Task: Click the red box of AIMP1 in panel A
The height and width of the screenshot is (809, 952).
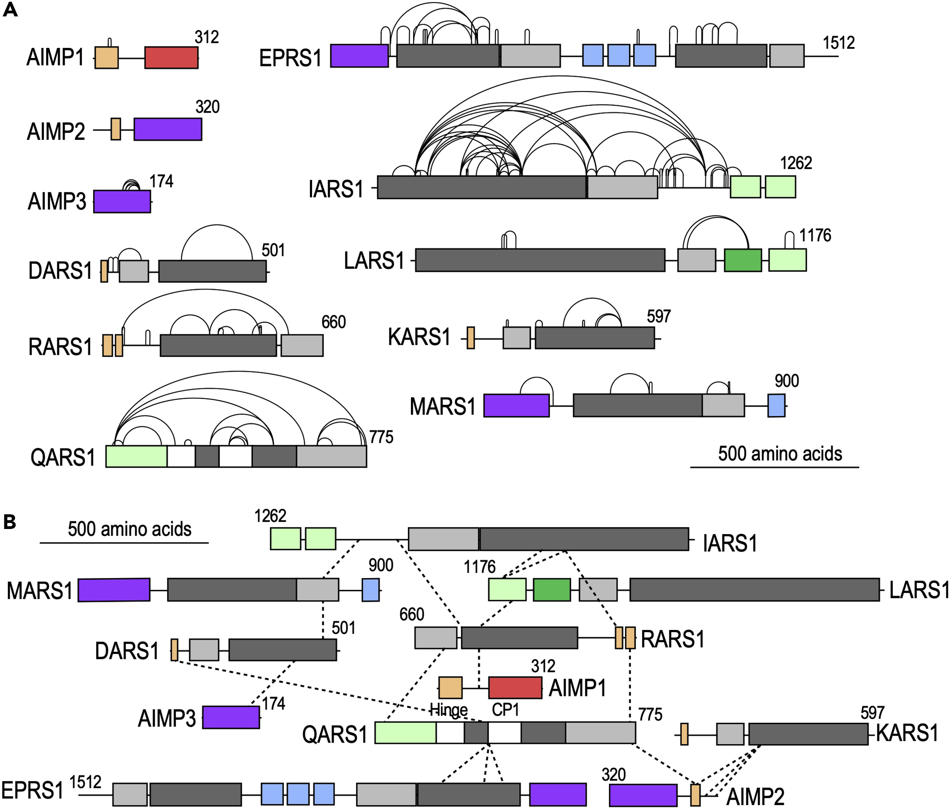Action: [172, 57]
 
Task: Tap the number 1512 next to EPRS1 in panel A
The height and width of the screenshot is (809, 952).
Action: [838, 43]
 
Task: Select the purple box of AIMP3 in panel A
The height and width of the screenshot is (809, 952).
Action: [122, 201]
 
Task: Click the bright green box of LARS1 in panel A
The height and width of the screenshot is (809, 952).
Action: [742, 260]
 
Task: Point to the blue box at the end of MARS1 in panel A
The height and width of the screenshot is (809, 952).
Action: [776, 406]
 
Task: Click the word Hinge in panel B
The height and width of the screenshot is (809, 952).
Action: [448, 710]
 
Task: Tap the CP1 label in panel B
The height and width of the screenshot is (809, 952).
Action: [505, 710]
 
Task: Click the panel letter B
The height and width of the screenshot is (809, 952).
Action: [9, 522]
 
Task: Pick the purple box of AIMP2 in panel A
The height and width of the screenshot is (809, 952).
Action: [168, 129]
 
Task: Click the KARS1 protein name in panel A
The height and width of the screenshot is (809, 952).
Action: [419, 337]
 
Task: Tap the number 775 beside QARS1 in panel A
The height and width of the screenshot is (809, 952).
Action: [381, 437]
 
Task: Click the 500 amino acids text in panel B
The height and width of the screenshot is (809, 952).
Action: [129, 529]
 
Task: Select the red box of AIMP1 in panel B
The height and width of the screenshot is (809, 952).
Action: [515, 687]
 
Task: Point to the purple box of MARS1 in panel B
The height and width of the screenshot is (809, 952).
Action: [114, 590]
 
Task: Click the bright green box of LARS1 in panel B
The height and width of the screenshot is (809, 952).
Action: [552, 590]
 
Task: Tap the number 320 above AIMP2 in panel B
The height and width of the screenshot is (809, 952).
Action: [613, 775]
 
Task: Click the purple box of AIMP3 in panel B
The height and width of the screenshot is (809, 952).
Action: [231, 717]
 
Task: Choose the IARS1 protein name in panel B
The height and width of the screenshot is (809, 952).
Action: [730, 544]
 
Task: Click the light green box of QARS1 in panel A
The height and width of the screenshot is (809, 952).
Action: [136, 456]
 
